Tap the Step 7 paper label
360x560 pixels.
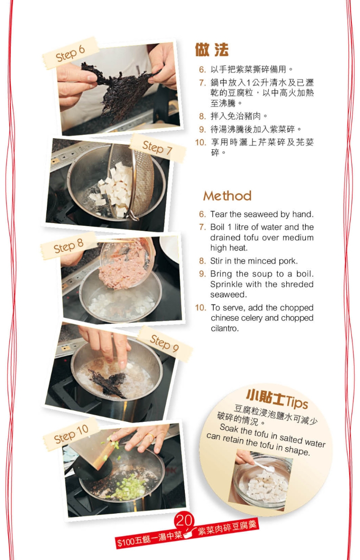pos(157,148)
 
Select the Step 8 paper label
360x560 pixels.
pos(68,246)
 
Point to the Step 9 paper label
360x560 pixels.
pos(164,344)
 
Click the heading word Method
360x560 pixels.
pos(227,196)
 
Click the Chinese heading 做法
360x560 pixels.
pos(211,50)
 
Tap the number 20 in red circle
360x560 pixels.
pos(184,520)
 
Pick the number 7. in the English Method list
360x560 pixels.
pos(202,227)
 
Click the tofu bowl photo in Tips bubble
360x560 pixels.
pos(260,481)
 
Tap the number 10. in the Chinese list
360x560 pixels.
pos(200,142)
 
